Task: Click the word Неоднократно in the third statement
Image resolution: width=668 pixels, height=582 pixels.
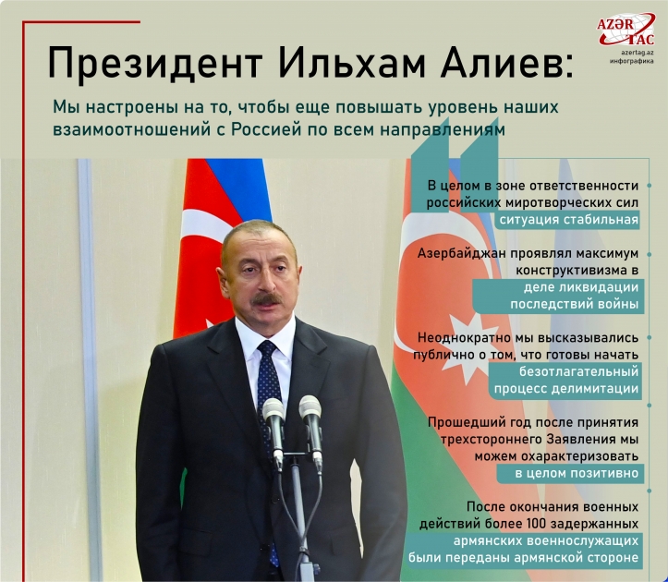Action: click(x=466, y=337)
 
